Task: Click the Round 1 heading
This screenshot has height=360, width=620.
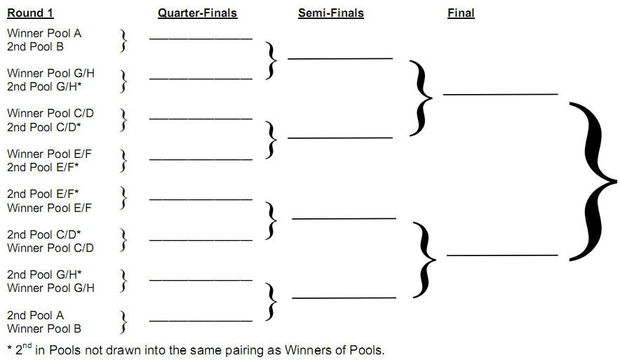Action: [30, 13]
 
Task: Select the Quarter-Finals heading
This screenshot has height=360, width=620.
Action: [197, 13]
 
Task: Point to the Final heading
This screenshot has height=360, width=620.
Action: [461, 13]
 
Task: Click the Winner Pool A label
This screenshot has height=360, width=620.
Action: [44, 33]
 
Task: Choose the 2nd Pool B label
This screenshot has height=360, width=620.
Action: [36, 46]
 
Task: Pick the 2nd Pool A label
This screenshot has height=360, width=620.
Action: [36, 315]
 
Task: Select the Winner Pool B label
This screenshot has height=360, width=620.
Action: [44, 328]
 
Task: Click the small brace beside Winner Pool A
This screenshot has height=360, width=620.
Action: [124, 40]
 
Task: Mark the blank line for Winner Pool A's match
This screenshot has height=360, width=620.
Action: [201, 38]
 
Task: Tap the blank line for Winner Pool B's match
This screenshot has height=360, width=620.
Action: [201, 320]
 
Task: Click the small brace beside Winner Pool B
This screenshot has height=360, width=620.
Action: [124, 322]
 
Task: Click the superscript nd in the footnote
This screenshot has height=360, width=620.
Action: [29, 345]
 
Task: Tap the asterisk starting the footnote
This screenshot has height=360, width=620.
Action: [10, 348]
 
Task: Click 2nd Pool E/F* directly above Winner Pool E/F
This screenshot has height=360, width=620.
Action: [43, 194]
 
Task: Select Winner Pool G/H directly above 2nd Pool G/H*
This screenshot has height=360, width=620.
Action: [50, 73]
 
